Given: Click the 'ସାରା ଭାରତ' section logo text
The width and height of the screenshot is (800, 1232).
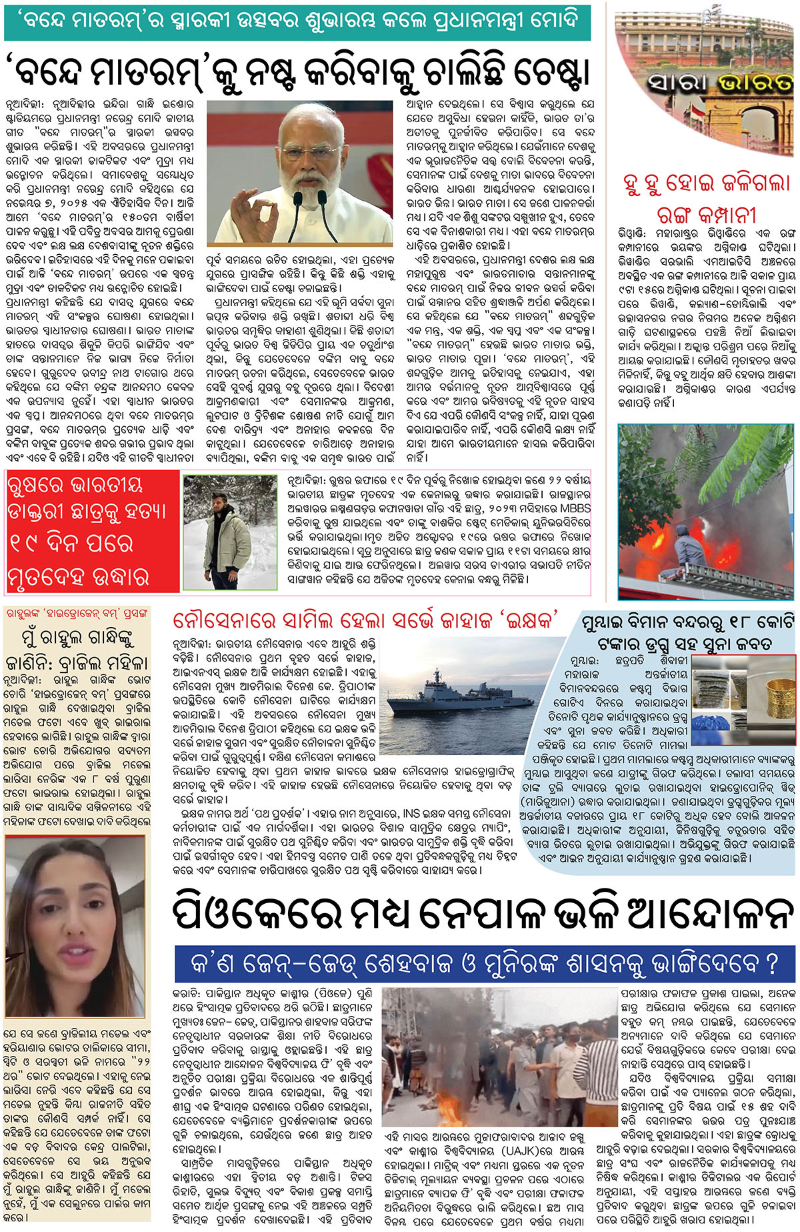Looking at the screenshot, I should [720, 83].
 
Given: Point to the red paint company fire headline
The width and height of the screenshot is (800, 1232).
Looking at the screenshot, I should [707, 199].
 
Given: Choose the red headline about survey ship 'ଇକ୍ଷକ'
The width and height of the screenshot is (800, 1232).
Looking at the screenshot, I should [365, 620].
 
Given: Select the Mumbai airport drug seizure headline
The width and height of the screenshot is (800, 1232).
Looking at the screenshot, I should [687, 634].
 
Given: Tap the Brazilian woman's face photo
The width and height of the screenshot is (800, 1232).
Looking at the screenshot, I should [73, 927].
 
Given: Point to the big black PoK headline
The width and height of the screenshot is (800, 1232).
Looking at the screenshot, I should [483, 912].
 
